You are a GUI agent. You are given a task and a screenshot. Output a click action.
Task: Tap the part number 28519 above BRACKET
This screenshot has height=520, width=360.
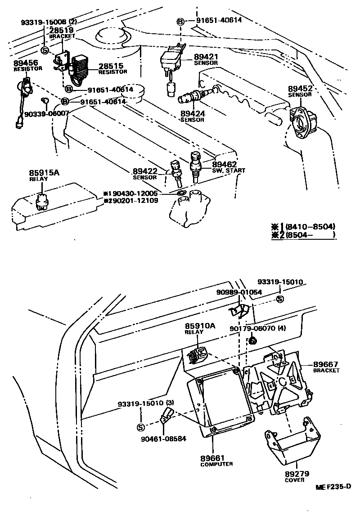tap(62, 31)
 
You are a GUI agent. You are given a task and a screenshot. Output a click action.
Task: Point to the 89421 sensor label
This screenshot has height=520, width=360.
tap(206, 57)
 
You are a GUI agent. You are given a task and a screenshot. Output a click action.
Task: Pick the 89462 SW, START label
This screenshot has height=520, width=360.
tap(225, 165)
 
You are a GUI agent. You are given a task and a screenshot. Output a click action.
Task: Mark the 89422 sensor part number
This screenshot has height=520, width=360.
tap(144, 171)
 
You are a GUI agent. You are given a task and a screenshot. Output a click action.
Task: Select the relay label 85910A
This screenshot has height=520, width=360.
tap(194, 326)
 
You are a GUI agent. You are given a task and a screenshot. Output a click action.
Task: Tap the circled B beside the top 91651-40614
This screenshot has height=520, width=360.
tap(180, 21)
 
